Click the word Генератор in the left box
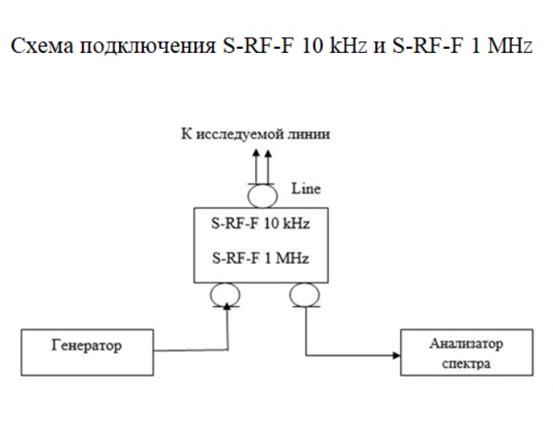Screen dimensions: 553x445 click(x=87, y=345)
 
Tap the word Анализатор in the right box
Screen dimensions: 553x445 click(x=466, y=343)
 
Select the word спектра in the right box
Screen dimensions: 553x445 click(x=466, y=364)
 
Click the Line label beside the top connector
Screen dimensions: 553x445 click(x=306, y=189)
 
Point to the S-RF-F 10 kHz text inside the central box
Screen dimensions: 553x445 click(x=260, y=223)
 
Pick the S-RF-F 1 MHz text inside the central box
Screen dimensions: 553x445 click(x=260, y=258)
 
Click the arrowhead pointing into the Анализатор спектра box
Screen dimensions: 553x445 click(x=397, y=356)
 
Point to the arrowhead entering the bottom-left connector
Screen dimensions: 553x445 click(x=227, y=306)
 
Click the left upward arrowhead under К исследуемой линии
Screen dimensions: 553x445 click(x=256, y=153)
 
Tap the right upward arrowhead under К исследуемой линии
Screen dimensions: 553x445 click(x=268, y=153)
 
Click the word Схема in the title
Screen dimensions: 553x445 click(x=43, y=45)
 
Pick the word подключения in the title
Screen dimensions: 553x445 click(x=148, y=47)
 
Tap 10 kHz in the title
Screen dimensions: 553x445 click(x=334, y=45)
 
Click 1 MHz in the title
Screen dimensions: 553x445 click(x=501, y=45)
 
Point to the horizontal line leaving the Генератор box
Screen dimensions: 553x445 click(x=191, y=351)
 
